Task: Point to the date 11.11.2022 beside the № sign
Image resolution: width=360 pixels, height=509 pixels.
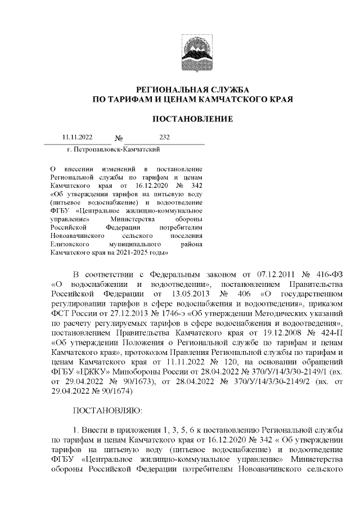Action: point(77,137)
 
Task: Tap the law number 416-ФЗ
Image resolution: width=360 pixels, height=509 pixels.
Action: point(323,274)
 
